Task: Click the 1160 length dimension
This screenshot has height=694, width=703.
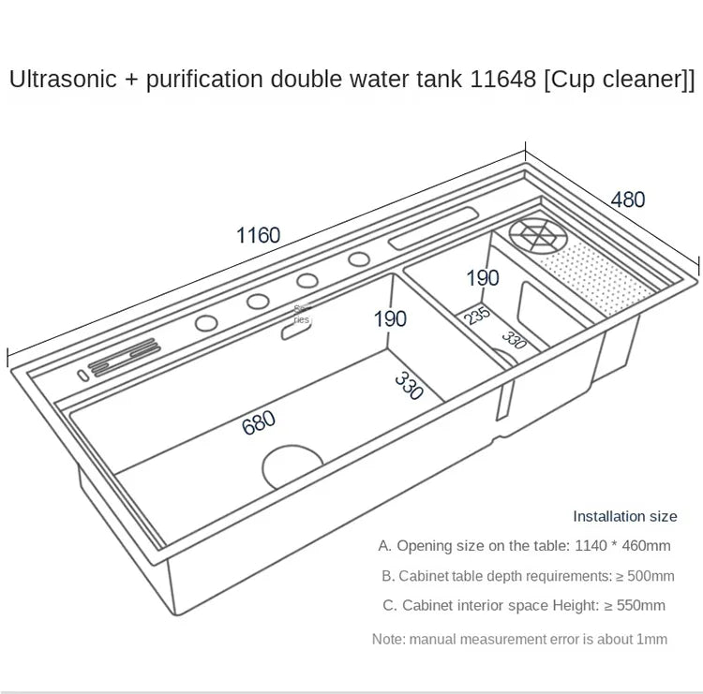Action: pos(258,235)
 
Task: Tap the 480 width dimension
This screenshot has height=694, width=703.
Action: pos(627,199)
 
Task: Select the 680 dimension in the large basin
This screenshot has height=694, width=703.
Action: pos(259,422)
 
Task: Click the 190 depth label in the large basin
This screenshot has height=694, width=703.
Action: pos(390,318)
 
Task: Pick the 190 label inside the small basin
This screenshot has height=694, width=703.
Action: pos(483,277)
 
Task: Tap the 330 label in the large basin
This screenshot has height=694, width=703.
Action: pos(409,385)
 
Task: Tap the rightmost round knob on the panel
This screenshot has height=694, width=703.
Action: pos(358,259)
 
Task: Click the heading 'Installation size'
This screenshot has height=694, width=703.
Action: pos(624,516)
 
